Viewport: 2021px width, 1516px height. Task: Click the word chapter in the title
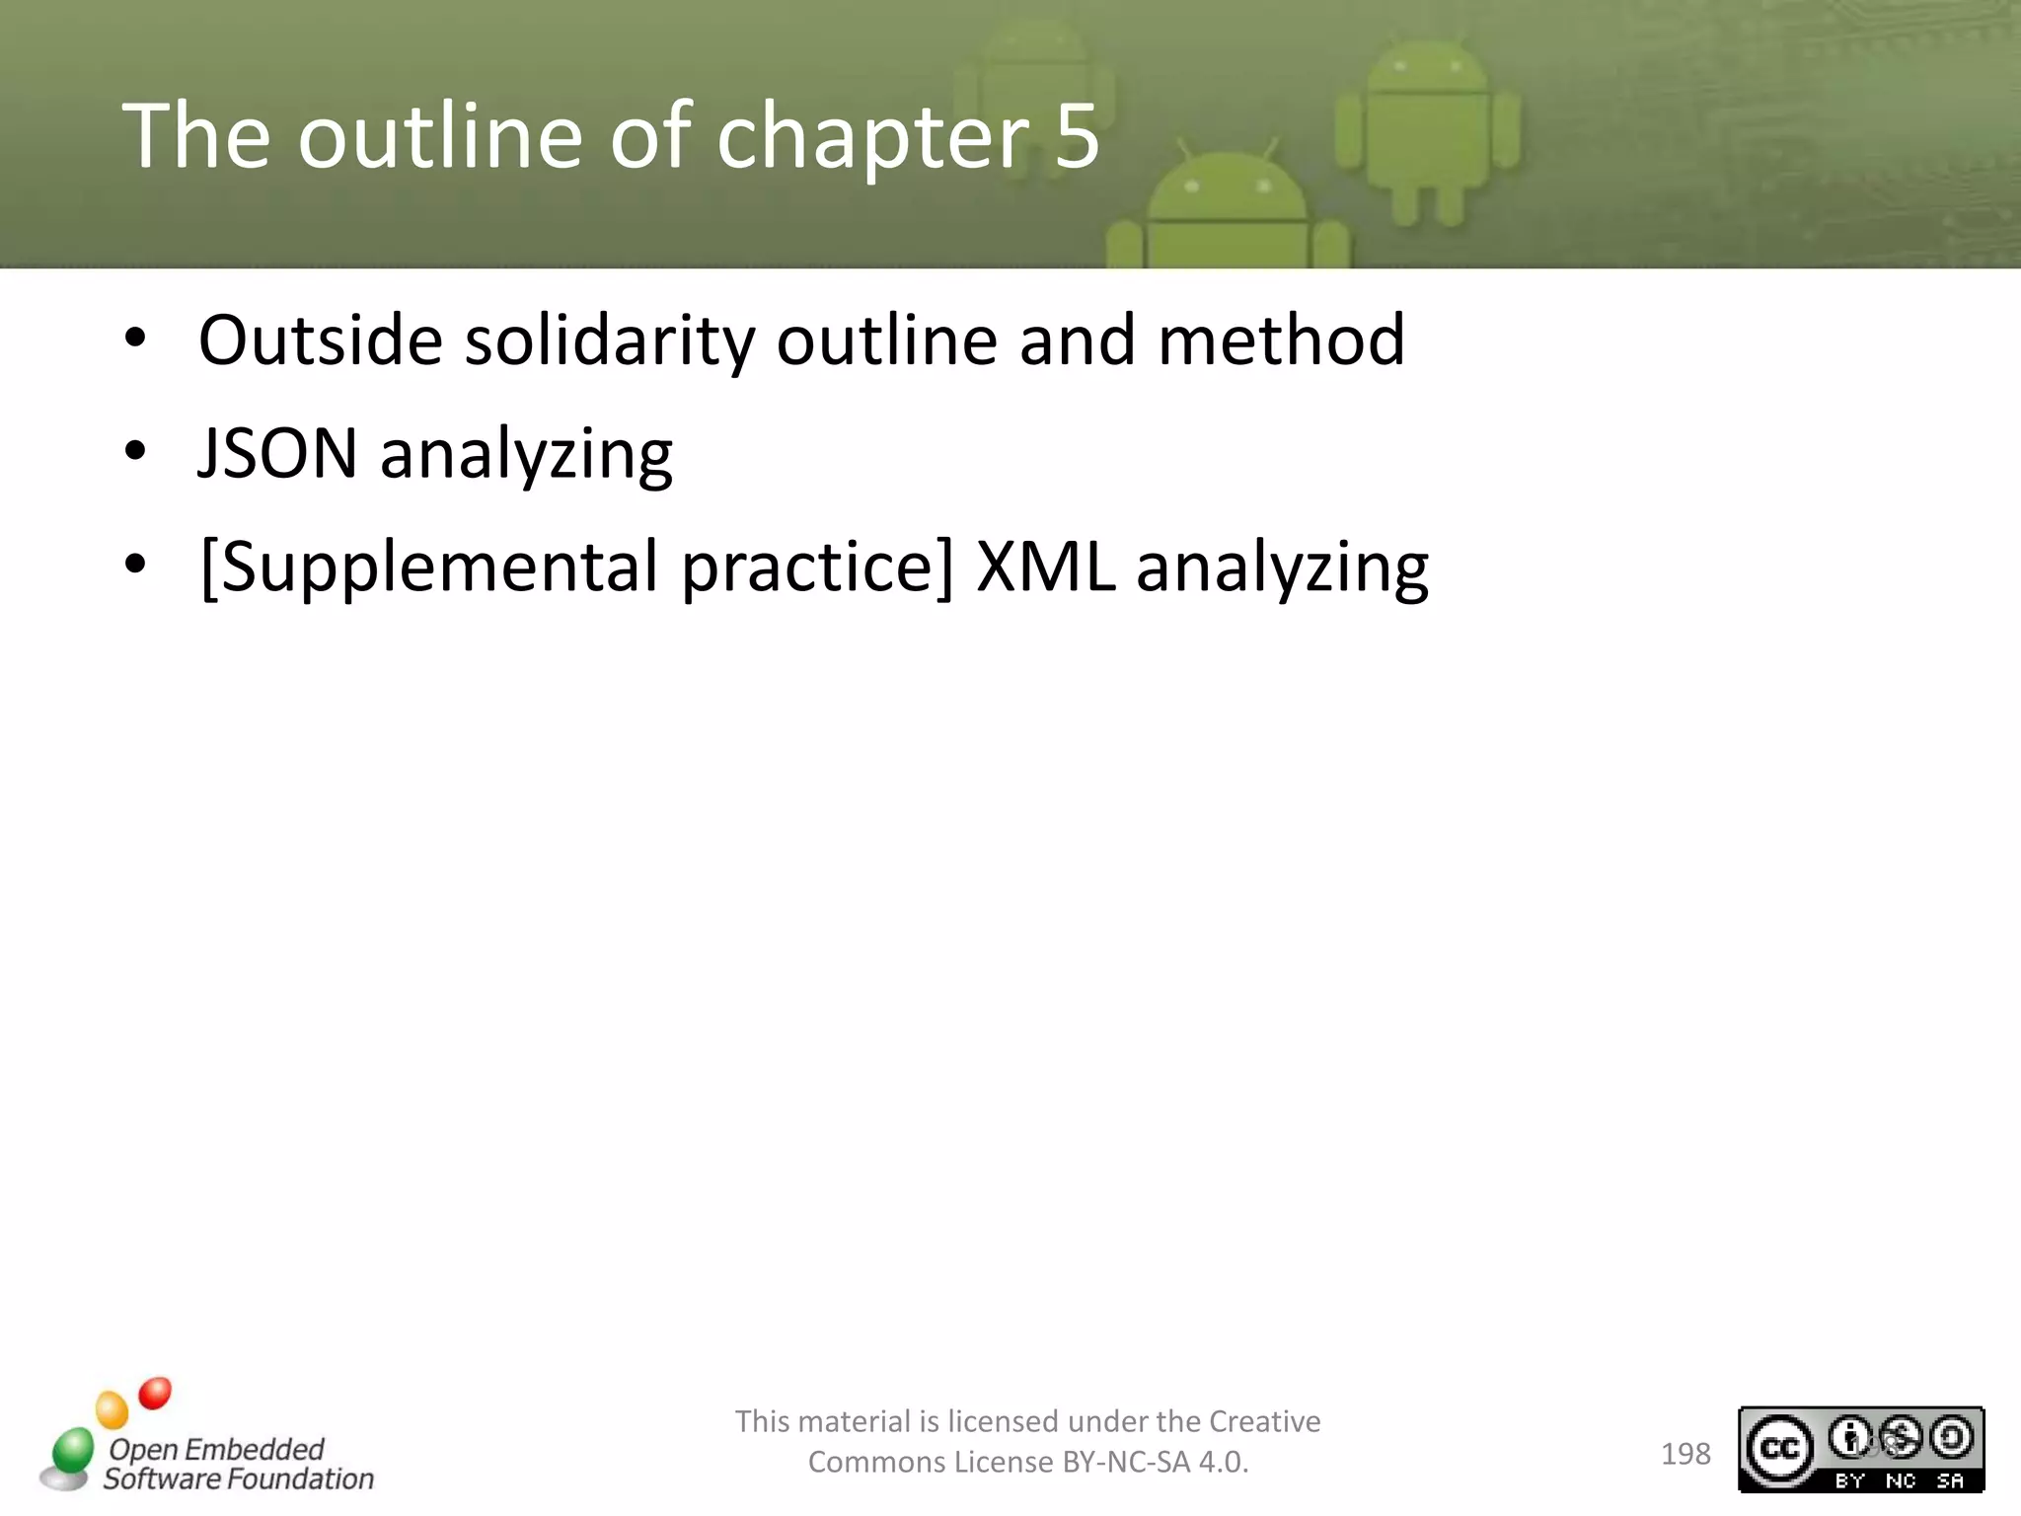pos(872,138)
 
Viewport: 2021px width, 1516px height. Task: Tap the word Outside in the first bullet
pos(320,340)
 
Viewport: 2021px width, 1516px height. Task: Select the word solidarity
pos(609,341)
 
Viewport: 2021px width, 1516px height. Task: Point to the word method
pos(1281,340)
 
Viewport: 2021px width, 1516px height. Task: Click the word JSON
pos(277,453)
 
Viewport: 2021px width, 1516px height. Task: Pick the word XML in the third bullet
pos(1045,567)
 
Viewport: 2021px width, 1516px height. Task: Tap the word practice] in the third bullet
pos(817,568)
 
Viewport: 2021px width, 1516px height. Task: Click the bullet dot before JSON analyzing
pos(135,452)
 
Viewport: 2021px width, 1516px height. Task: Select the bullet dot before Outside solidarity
pos(135,339)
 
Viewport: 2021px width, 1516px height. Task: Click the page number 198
pos(1685,1454)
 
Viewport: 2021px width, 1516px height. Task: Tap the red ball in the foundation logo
pos(155,1394)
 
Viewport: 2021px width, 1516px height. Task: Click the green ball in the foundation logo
pos(72,1450)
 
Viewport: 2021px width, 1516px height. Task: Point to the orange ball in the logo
pos(112,1409)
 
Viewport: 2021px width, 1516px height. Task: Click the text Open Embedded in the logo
pos(216,1449)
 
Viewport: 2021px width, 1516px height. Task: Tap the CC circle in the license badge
pos(1779,1448)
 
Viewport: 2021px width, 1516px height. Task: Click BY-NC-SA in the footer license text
pos(1126,1462)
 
